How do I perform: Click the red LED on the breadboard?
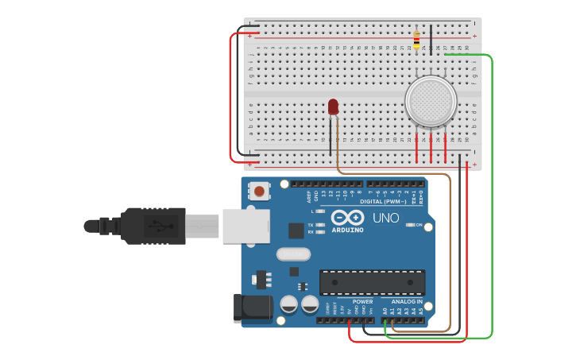[x=333, y=106]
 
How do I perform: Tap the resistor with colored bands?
[x=416, y=38]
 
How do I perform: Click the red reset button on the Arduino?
[x=259, y=191]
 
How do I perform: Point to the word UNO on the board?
[x=386, y=218]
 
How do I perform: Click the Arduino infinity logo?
[x=348, y=218]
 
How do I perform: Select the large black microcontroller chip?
[x=372, y=282]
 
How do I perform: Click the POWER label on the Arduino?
[x=362, y=301]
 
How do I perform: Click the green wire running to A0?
[x=492, y=199]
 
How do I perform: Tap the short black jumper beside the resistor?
[x=431, y=38]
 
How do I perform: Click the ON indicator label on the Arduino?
[x=418, y=225]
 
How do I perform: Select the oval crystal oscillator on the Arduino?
[x=293, y=254]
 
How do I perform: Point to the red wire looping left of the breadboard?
[x=231, y=95]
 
